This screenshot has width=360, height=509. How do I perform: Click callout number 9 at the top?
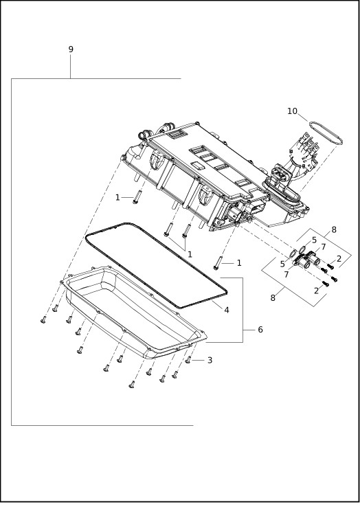tap(71, 49)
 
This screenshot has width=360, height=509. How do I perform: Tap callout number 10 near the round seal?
tap(292, 111)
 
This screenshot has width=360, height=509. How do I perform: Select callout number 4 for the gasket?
tap(226, 310)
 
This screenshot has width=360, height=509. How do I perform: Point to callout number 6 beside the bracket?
tap(260, 330)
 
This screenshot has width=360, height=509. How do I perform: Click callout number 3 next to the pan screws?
tap(210, 360)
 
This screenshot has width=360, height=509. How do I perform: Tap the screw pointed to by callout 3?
tap(188, 359)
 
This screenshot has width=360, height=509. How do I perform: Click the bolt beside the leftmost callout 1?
tap(136, 197)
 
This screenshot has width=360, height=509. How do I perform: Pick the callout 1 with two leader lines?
tap(190, 254)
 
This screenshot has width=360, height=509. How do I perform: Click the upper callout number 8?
tap(334, 230)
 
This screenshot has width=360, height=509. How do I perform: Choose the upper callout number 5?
tap(314, 240)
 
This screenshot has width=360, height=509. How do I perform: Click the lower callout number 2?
tap(316, 291)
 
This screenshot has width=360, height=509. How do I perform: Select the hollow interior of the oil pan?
tap(131, 309)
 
